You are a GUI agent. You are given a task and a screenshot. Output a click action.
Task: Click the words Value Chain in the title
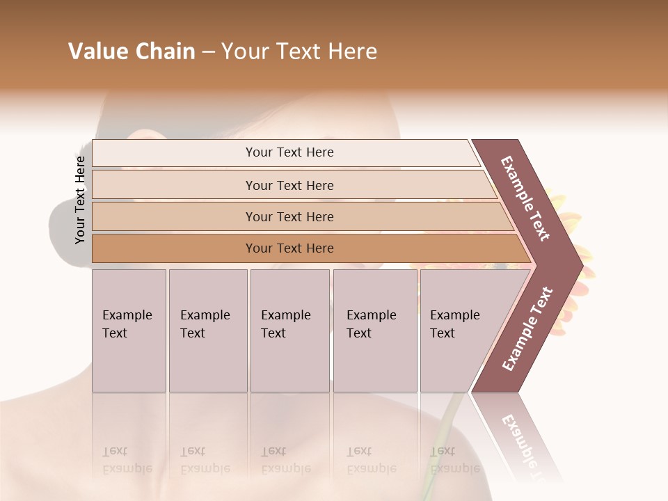(x=132, y=51)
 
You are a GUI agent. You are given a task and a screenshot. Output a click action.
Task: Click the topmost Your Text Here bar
(x=289, y=153)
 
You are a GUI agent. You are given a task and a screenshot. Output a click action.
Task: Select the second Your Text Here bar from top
(x=289, y=185)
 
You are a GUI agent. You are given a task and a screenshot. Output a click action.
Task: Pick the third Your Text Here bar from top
(x=289, y=217)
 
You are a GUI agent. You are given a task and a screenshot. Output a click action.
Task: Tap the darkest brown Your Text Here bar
(x=289, y=248)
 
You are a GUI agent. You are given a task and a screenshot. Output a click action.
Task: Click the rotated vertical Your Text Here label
(x=80, y=200)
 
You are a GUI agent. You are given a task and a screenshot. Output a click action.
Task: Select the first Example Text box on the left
(x=129, y=331)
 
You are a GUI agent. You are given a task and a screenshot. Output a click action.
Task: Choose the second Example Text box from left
(x=208, y=331)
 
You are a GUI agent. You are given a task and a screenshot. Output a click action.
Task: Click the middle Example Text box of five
(x=289, y=331)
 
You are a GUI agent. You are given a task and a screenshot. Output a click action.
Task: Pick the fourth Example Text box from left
(x=375, y=331)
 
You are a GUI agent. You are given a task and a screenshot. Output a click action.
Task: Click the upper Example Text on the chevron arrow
(x=525, y=198)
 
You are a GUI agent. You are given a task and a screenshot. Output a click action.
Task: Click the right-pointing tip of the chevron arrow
(x=579, y=265)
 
